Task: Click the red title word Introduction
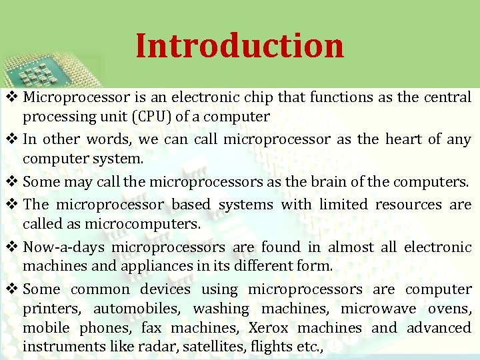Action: coord(239,46)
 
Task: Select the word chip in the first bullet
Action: coord(260,97)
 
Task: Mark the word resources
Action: coord(408,205)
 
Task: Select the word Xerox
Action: coord(268,328)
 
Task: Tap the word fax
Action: coord(152,328)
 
